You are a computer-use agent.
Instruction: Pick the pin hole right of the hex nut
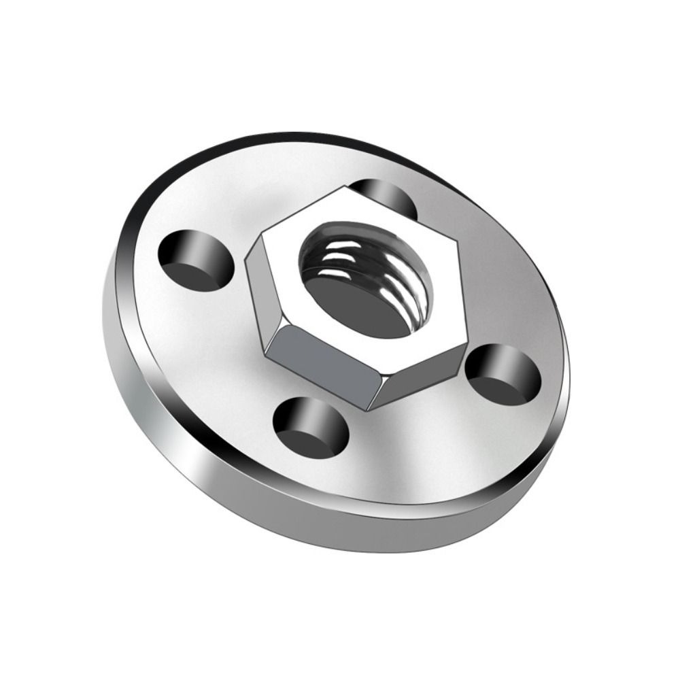click(503, 375)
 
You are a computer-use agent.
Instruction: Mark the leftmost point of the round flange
click(103, 320)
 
